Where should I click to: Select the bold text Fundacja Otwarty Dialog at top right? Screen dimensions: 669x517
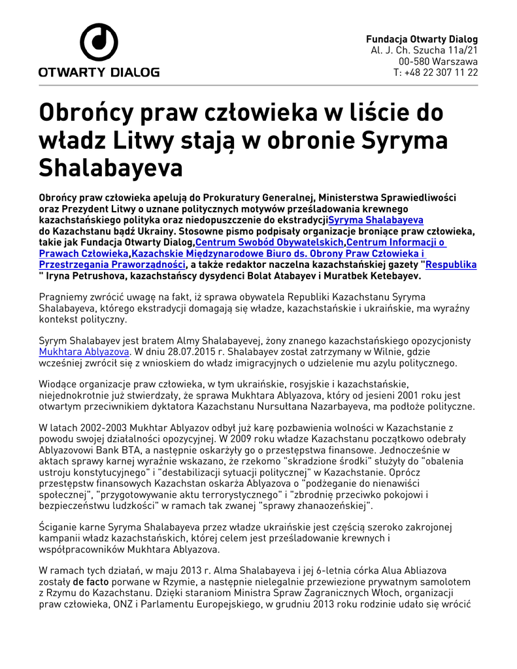(422, 39)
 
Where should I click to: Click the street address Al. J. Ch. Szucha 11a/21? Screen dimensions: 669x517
(424, 50)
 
